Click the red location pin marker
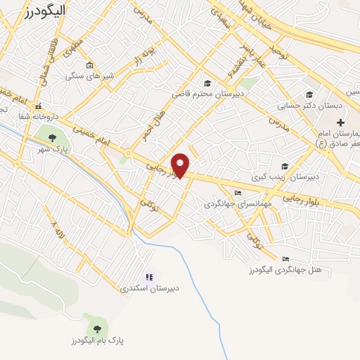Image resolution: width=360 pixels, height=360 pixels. (181, 165)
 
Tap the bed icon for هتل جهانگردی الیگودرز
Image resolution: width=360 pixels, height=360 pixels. (285, 259)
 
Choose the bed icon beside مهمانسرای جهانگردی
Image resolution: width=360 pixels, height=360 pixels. (238, 193)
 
